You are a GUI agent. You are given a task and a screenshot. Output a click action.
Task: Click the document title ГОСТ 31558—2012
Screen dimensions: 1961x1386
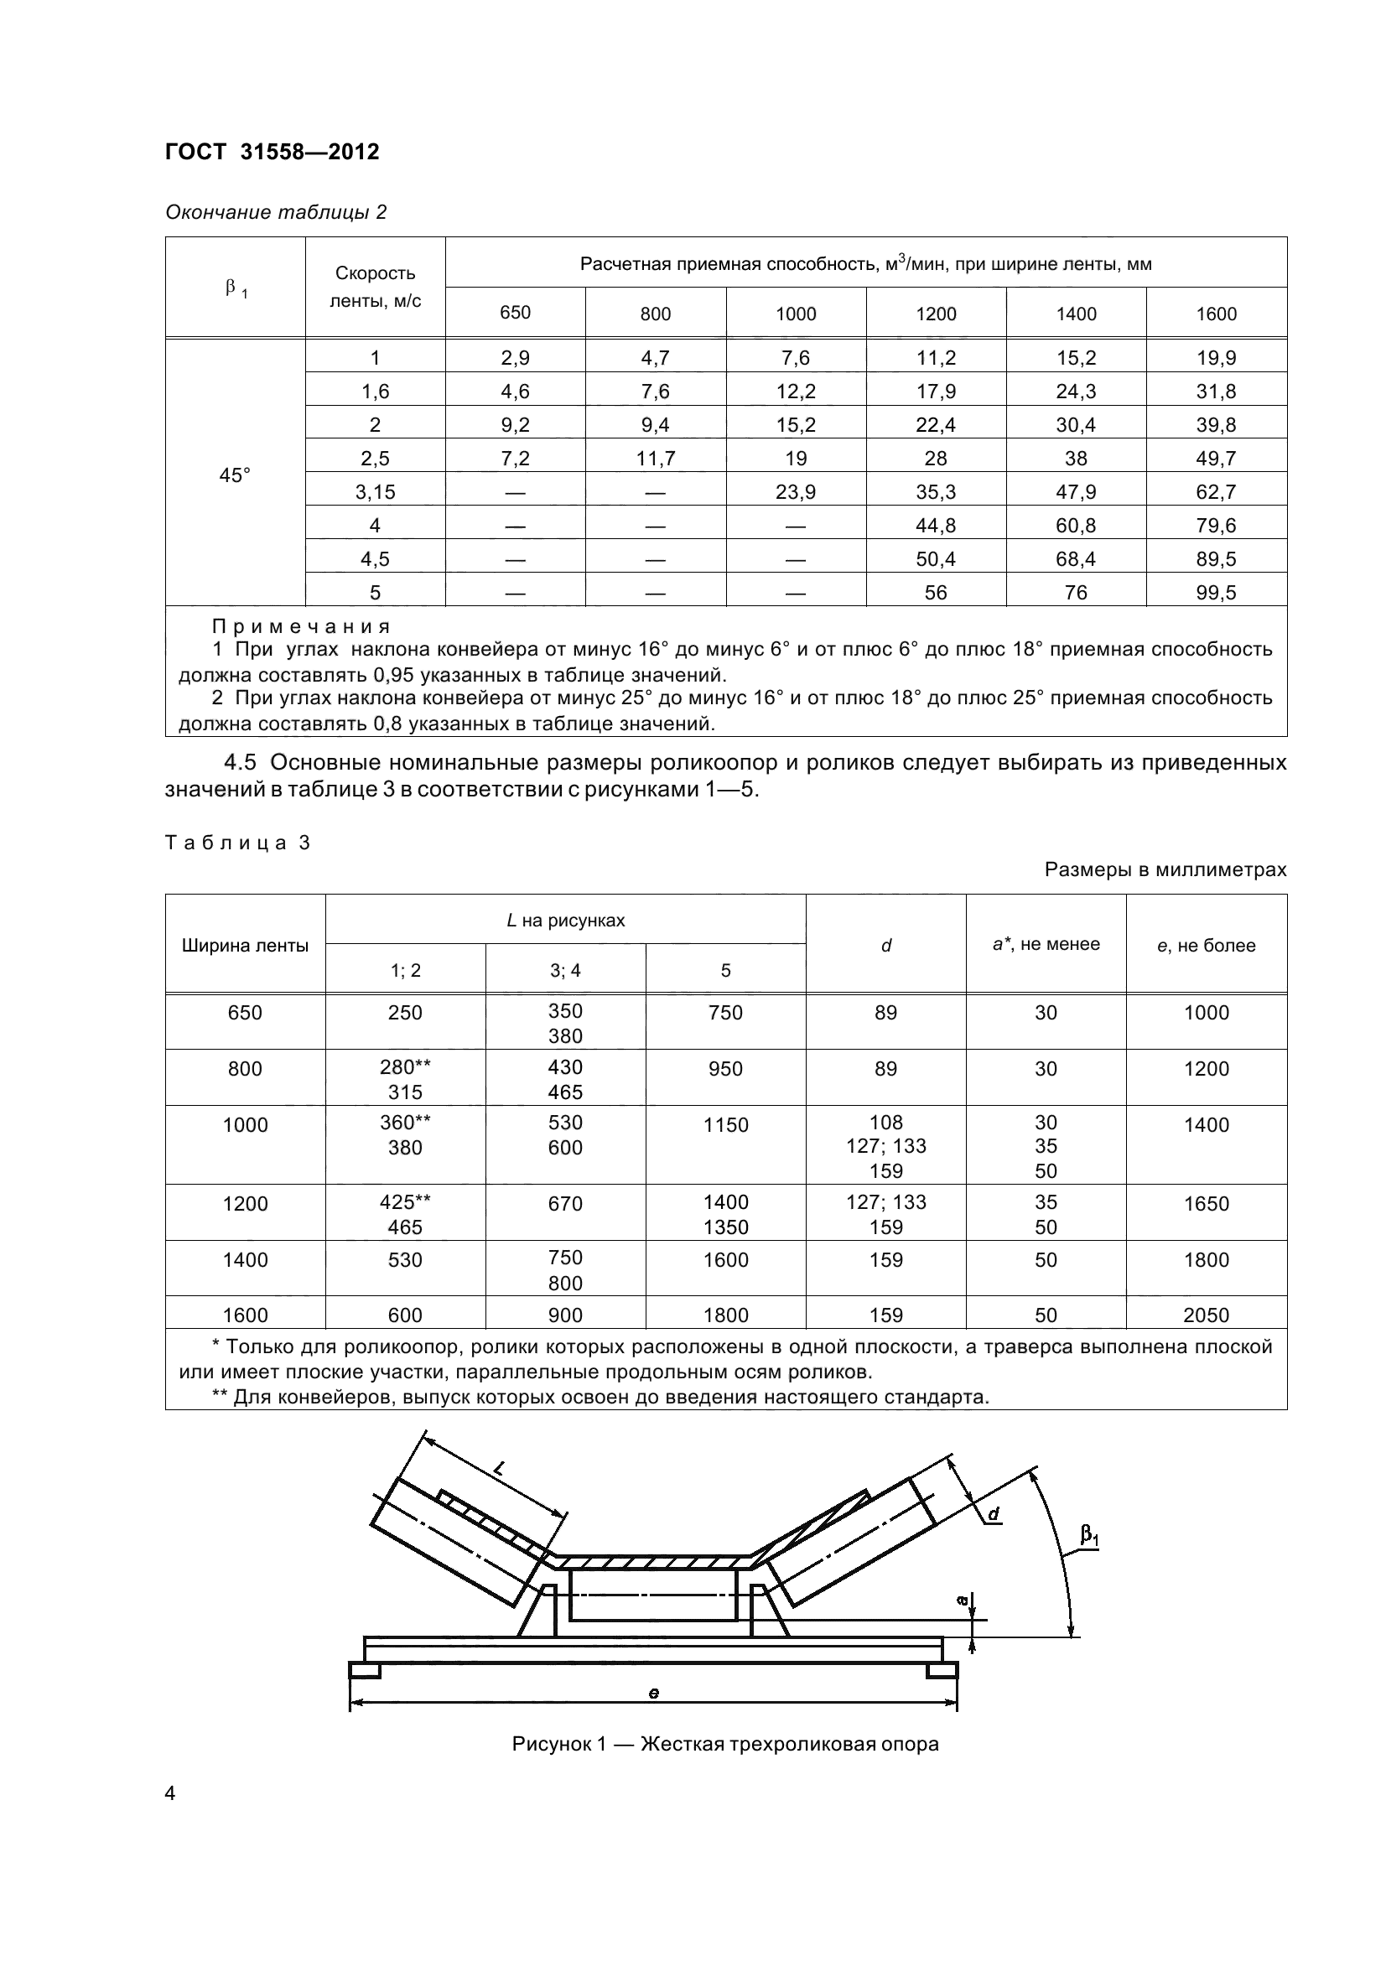272,152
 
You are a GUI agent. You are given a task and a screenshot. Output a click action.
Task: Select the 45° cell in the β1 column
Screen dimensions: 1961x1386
235,475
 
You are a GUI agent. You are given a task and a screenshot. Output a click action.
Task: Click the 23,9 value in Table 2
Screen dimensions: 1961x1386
795,492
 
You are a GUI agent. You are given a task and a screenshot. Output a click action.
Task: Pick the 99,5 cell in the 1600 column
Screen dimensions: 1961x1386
1215,593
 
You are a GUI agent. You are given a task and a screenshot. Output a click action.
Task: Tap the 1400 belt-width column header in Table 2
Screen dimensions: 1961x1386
1075,314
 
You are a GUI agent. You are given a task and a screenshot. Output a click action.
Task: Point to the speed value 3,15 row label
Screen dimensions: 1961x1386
375,492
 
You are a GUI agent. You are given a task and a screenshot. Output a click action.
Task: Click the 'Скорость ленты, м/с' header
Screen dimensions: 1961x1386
375,287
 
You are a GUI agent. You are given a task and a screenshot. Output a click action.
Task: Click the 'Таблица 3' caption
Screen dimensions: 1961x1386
237,843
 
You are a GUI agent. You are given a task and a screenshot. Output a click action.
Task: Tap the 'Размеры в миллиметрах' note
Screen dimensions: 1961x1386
1165,869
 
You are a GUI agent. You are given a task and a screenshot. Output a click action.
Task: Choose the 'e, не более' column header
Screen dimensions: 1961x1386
1206,946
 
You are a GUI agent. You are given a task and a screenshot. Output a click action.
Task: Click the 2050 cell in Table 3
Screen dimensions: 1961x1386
1206,1315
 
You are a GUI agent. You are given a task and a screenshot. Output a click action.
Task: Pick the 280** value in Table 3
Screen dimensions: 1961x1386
405,1067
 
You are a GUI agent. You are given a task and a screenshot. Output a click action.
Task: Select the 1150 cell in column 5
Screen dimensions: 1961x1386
725,1126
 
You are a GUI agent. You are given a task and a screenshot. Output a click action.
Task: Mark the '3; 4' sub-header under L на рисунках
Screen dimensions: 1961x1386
564,970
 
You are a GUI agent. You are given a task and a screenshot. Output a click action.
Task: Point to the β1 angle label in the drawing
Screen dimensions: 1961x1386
1089,1536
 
